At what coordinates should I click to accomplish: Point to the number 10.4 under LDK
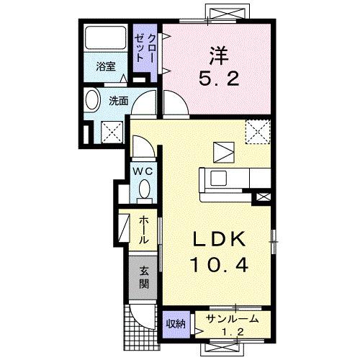tap(219, 265)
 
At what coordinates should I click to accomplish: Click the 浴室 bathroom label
tap(106, 67)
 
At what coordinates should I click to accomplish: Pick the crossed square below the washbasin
tap(110, 130)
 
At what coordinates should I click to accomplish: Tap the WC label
tap(141, 171)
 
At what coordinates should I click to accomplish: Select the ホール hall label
tap(144, 230)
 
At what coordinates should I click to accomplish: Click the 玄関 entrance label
tap(144, 276)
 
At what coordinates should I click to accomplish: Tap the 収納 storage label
tap(175, 324)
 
